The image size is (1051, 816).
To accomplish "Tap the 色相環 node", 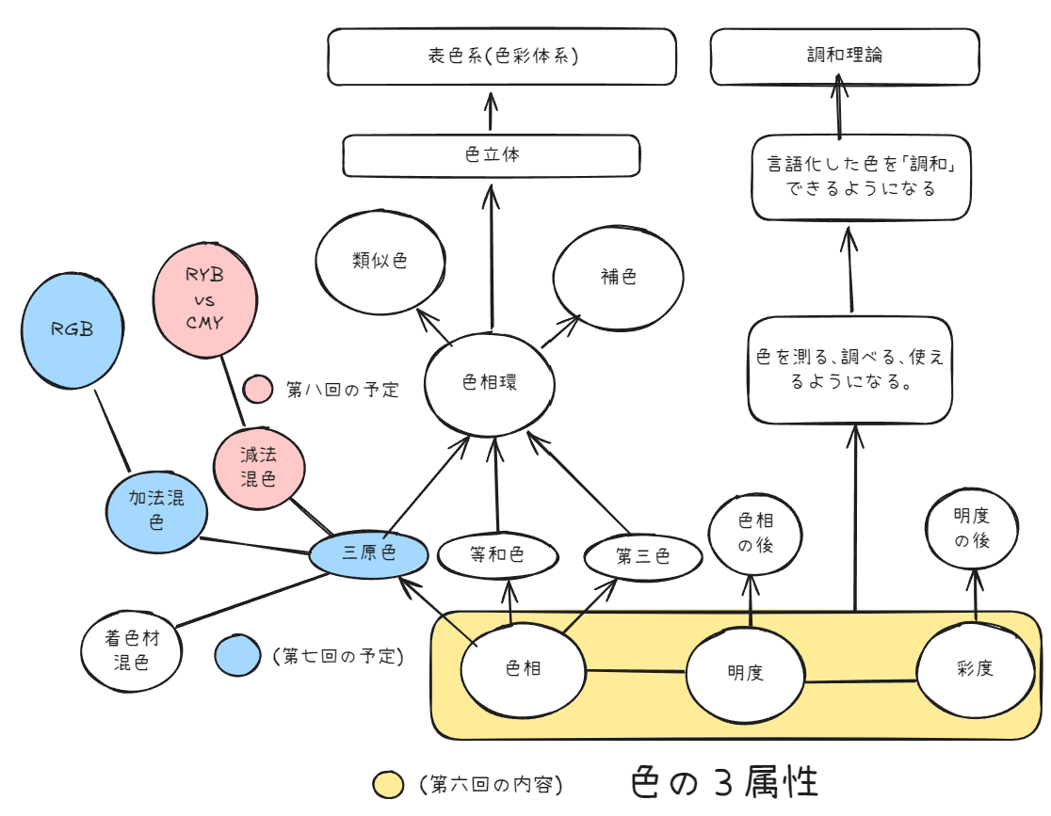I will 490,384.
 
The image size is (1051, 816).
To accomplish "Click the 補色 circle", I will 618,277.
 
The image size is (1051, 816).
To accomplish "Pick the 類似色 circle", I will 380,262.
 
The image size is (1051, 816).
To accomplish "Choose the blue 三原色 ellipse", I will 369,553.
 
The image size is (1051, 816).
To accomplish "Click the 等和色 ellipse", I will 496,555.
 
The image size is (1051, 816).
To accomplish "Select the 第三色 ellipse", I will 643,557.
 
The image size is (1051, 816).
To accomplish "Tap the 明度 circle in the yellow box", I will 745,673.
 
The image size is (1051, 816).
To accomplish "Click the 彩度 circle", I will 975,669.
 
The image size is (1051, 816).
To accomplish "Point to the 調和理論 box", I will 844,56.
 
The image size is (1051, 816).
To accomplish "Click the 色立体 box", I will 491,155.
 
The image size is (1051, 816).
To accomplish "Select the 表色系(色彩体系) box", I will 502,56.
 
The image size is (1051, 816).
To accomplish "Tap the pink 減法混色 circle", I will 259,467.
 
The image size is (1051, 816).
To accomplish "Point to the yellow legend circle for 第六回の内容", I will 388,784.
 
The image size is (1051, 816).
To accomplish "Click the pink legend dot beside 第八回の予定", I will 258,389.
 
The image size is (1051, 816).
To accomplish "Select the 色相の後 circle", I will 754,533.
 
